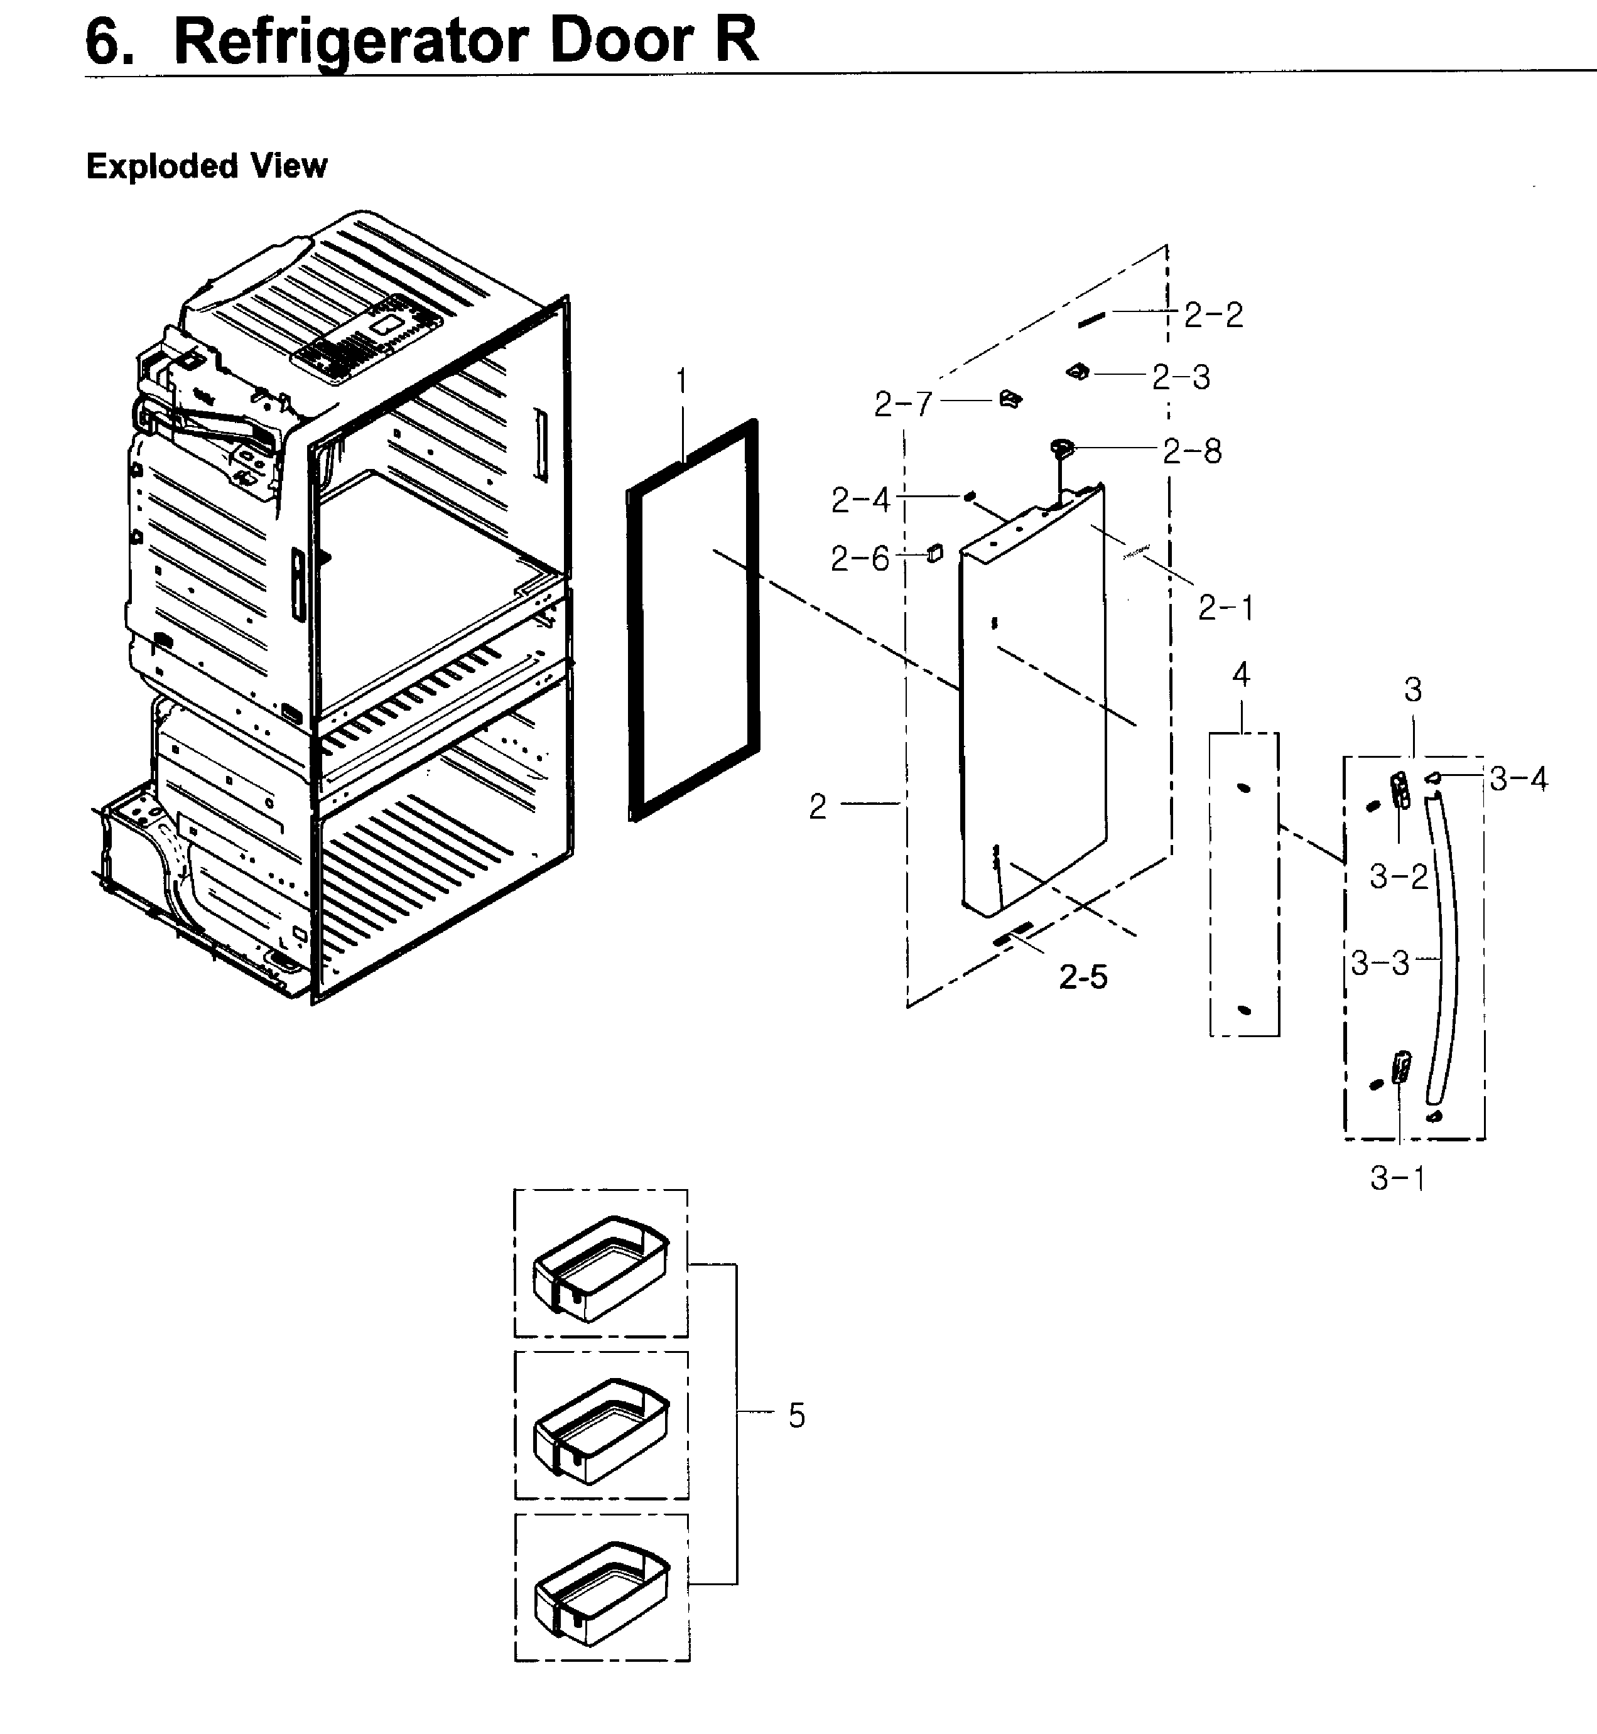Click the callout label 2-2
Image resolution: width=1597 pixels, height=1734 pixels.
[x=1213, y=315]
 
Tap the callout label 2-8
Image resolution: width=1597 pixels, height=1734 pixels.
[x=1192, y=451]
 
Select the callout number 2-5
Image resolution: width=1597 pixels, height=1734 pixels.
[x=1083, y=977]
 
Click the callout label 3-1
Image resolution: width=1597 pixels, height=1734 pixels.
[x=1397, y=1178]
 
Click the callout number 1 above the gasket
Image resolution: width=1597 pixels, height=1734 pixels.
[x=682, y=381]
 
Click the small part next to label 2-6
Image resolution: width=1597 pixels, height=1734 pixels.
[x=934, y=553]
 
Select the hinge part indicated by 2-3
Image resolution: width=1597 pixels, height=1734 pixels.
[x=1078, y=372]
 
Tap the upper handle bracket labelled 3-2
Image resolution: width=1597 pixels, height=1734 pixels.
[x=1399, y=790]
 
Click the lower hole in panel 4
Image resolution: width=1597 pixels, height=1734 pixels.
[x=1245, y=1010]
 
